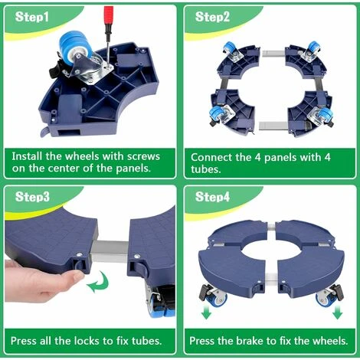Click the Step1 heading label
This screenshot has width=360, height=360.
[31, 17]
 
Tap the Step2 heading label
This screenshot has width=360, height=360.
[212, 17]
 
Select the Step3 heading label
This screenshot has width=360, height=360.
[32, 197]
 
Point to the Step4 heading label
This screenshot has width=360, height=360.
[212, 197]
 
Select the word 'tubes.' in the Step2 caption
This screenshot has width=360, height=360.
[205, 169]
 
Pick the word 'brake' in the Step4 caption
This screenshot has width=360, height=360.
[250, 341]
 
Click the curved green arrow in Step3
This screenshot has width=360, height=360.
[98, 283]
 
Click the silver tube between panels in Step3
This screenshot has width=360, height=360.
[110, 251]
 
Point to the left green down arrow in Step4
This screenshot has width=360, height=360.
[206, 312]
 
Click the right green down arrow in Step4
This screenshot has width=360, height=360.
[337, 312]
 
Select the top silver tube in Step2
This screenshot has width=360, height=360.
[273, 54]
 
